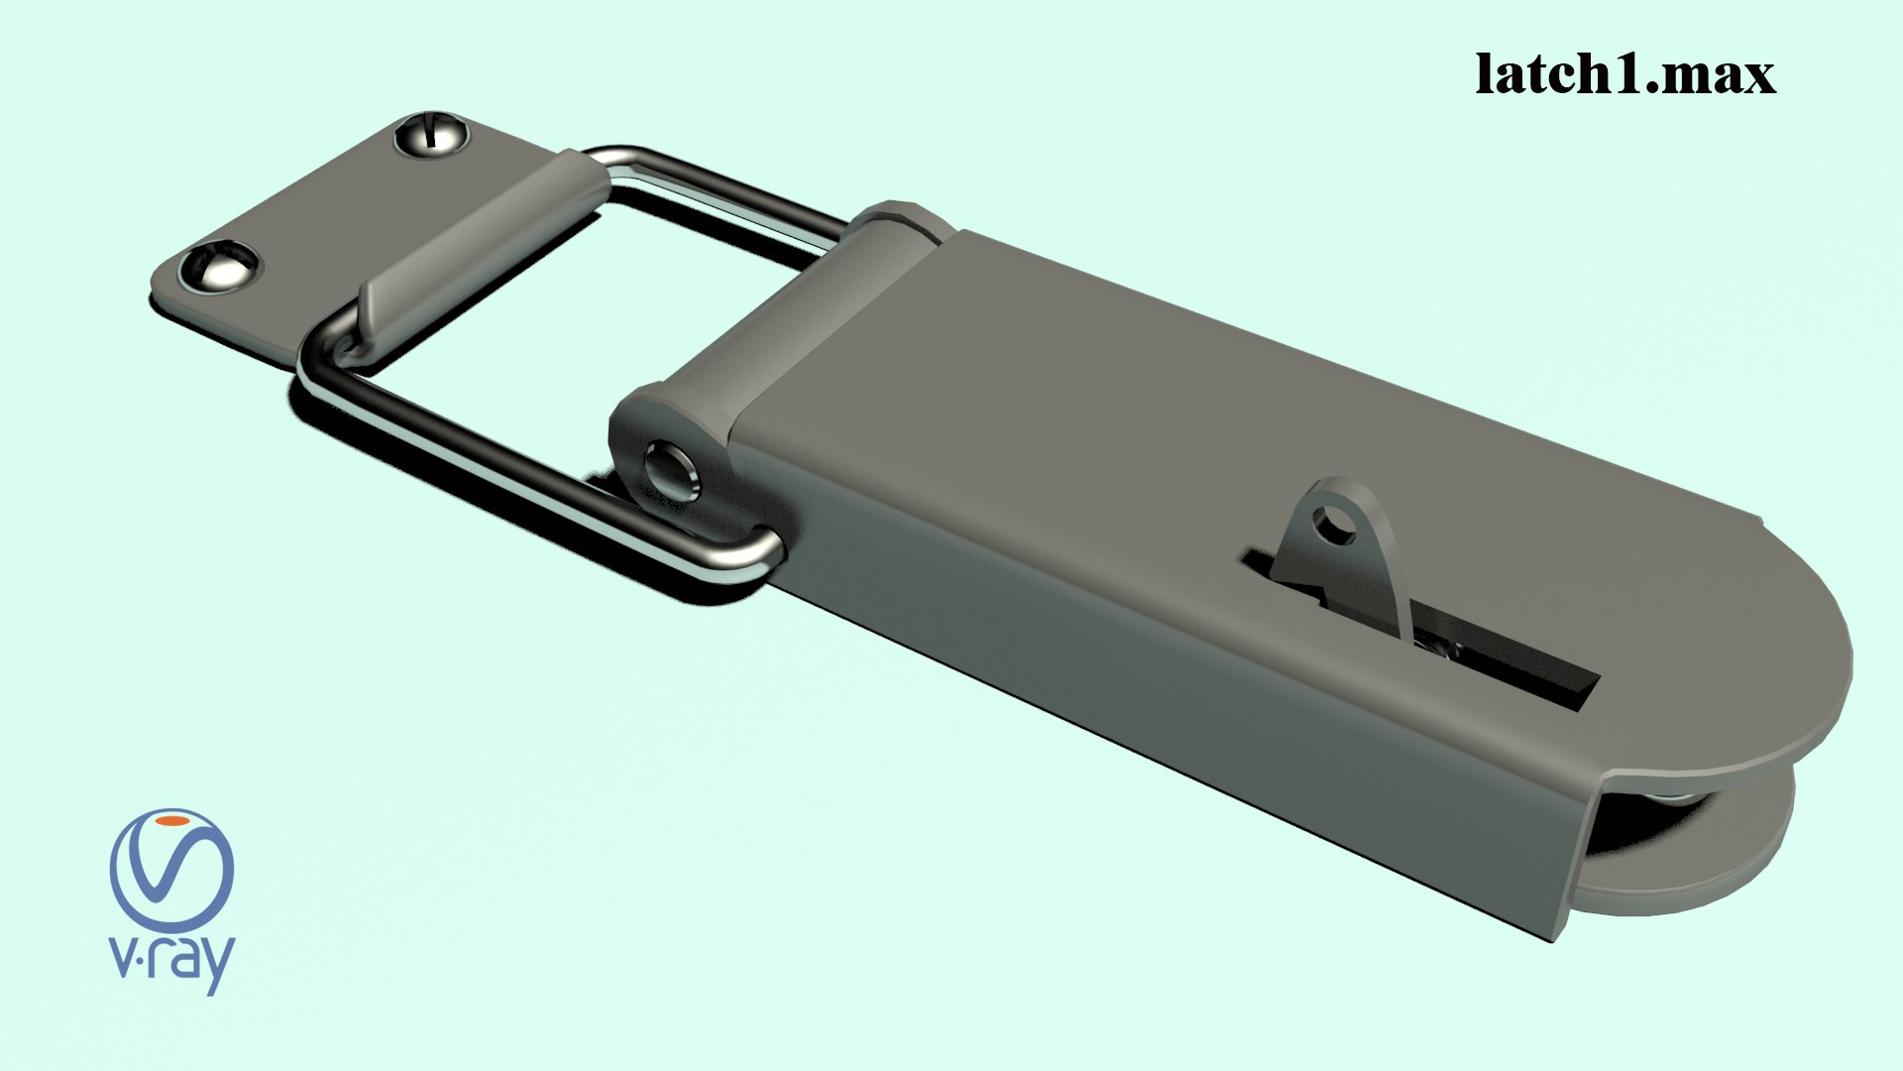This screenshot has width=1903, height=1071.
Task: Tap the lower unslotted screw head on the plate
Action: coord(219,267)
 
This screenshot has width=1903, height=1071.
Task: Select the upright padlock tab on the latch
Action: coord(1338,555)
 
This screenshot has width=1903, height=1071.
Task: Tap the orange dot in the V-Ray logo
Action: coord(173,822)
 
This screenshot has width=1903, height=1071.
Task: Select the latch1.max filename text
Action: coord(1624,74)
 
